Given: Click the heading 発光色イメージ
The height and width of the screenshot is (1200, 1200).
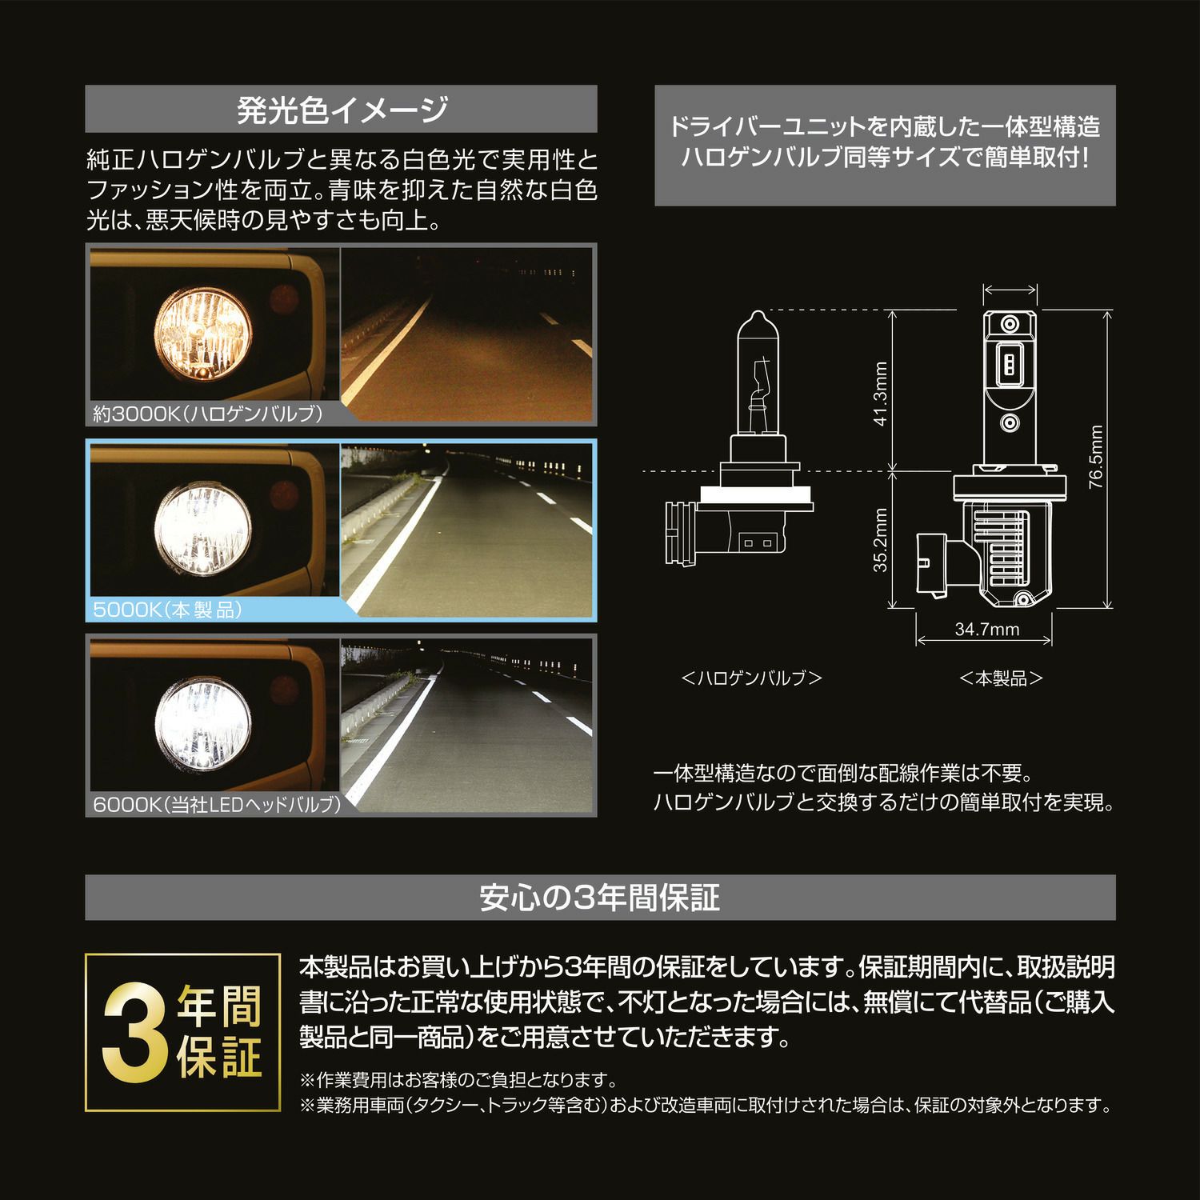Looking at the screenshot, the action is pyautogui.click(x=342, y=109).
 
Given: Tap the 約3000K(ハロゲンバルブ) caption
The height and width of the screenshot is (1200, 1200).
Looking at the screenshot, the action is pyautogui.click(x=207, y=414).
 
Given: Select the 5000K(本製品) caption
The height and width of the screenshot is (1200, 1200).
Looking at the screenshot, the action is pyautogui.click(x=167, y=610).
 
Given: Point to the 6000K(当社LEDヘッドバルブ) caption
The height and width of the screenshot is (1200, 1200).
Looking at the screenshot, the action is pyautogui.click(x=217, y=804).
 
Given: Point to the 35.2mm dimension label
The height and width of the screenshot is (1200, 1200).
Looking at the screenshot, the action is pyautogui.click(x=880, y=540).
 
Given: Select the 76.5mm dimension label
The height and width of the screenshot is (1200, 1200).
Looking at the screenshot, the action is pyautogui.click(x=1095, y=457).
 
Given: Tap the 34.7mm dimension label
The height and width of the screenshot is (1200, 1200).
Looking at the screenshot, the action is pyautogui.click(x=987, y=630).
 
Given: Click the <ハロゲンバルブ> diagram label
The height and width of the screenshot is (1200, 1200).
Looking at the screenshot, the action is pyautogui.click(x=752, y=678).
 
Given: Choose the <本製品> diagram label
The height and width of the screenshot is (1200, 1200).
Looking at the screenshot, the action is pyautogui.click(x=1002, y=678).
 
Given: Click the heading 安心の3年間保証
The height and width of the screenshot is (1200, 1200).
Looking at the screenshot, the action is pyautogui.click(x=600, y=898).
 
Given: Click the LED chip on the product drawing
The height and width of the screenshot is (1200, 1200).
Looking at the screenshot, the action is pyautogui.click(x=1010, y=365).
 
